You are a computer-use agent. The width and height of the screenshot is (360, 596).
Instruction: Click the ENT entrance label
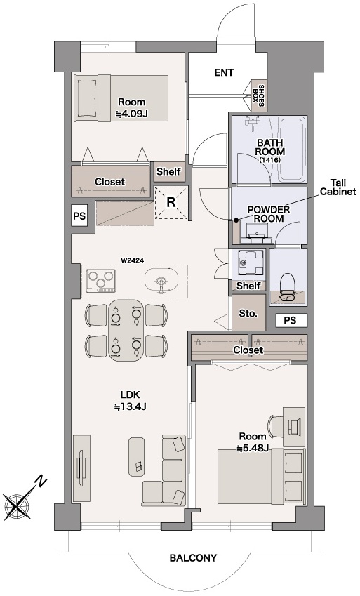224,72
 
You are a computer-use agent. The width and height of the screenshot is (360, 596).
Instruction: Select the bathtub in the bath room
291,149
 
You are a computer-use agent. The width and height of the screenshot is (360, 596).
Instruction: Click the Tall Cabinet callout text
338,187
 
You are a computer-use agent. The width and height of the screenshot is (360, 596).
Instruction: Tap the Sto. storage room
248,314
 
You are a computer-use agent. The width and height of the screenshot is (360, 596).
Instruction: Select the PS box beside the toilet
291,320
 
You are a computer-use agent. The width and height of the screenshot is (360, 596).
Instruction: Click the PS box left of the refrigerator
79,216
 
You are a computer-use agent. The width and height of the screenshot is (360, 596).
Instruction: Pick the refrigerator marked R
171,202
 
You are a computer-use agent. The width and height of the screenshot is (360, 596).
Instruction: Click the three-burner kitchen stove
101,280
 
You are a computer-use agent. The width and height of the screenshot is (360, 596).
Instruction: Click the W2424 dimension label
131,260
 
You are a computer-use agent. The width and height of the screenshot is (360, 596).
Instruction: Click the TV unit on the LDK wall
81,468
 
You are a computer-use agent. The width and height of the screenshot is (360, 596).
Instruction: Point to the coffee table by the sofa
137,456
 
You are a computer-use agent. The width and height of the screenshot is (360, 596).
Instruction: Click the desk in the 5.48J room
294,428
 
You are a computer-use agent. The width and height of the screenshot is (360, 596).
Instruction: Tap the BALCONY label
193,558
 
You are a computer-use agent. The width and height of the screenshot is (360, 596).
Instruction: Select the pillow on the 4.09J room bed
87,98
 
